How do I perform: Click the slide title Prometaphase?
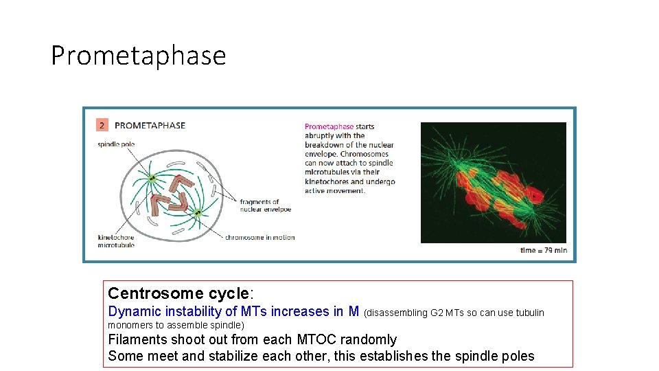pos(138,55)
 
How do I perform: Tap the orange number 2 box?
pos(102,125)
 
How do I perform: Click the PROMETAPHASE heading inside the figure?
pos(150,125)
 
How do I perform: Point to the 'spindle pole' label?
pos(117,144)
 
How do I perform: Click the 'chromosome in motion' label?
pos(259,238)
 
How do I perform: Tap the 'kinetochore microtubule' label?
pos(116,241)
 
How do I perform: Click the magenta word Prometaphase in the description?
pos(329,126)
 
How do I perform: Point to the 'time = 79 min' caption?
pos(543,250)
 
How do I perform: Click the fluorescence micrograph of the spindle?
pos(493,182)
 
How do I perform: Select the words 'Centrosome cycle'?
pos(179,294)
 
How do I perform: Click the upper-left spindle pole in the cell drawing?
pos(152,180)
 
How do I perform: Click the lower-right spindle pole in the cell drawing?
pos(197,213)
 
